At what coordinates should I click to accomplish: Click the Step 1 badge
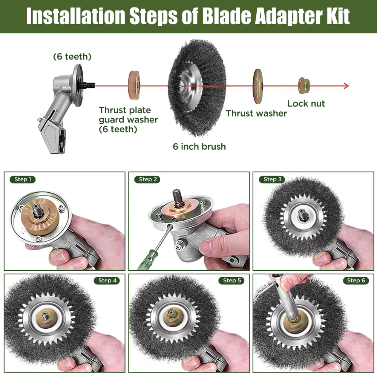23,179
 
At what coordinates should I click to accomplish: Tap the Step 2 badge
147,179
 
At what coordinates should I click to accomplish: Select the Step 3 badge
272,179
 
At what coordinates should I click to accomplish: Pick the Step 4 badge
107,280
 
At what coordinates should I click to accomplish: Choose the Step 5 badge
231,280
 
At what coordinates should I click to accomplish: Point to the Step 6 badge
356,280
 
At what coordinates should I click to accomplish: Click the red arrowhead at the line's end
346,86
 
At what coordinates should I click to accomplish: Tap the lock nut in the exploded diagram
304,86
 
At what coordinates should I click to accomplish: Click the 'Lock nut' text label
306,104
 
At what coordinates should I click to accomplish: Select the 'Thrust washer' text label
256,113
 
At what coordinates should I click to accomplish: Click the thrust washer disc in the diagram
258,86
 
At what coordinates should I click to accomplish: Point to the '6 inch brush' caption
199,146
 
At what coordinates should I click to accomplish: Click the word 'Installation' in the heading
75,16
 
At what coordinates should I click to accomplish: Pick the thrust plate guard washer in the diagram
134,85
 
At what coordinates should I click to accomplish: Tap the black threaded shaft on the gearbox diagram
89,85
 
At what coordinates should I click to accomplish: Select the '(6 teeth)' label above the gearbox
72,57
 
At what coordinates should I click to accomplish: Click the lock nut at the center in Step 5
171,314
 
